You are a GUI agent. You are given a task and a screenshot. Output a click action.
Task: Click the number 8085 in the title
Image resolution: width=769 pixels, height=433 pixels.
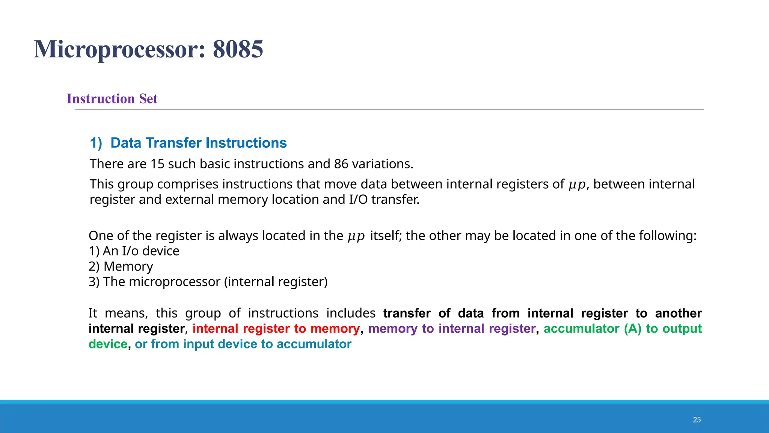tap(238, 49)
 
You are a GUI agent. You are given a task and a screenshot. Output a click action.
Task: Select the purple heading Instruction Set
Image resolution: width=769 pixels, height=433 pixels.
tap(112, 98)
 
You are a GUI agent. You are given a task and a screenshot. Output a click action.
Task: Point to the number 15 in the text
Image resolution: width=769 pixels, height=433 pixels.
tap(157, 164)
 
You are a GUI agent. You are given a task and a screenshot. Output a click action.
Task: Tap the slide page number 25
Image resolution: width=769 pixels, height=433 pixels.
tap(697, 420)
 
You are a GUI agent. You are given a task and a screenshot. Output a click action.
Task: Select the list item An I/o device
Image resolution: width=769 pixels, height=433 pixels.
tap(141, 251)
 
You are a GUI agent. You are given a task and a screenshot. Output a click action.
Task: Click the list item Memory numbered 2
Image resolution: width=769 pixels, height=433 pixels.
tap(128, 266)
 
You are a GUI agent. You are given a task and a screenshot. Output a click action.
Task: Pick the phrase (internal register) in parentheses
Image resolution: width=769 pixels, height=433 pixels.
tap(276, 282)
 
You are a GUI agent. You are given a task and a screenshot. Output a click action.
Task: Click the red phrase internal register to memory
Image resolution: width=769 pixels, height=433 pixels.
tap(276, 329)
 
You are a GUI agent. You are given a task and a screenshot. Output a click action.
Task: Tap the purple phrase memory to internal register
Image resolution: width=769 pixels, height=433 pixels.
tap(452, 329)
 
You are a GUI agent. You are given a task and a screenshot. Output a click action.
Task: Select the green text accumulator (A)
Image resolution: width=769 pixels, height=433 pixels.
tap(593, 329)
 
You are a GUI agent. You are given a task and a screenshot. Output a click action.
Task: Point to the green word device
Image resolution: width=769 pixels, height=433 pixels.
tap(108, 344)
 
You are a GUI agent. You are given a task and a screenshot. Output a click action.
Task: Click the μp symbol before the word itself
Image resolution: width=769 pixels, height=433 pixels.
tap(356, 236)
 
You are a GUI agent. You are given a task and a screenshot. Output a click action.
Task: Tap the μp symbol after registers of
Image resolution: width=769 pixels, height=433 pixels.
tap(577, 185)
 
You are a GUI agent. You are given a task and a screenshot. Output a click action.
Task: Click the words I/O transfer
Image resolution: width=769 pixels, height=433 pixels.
tap(384, 199)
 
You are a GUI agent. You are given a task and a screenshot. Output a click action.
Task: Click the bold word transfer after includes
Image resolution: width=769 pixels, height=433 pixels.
tap(407, 313)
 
